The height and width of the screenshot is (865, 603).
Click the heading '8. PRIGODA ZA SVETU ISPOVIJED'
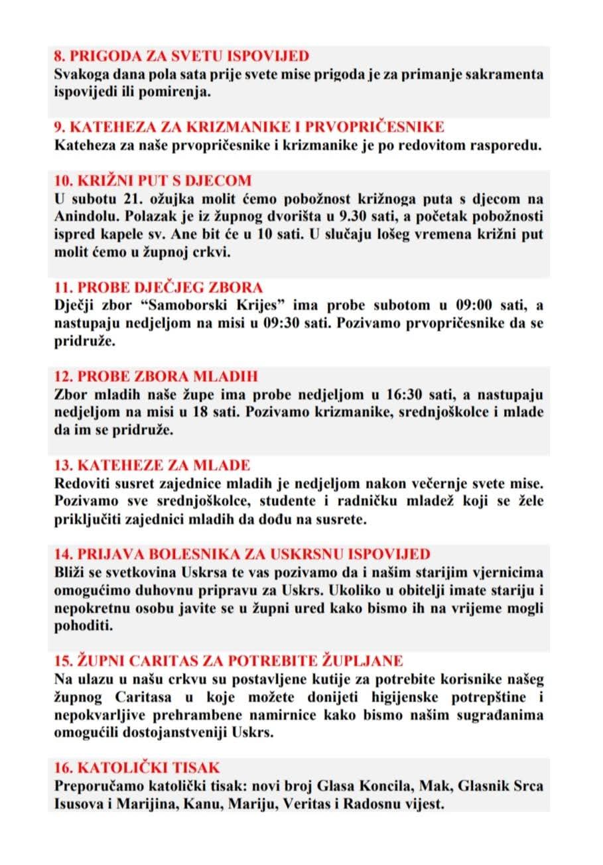(181, 56)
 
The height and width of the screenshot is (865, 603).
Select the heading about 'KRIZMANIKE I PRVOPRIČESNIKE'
(249, 127)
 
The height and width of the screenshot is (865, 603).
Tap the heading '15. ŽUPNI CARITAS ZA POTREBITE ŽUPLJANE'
(228, 661)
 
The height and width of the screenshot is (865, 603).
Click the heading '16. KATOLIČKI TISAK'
(137, 768)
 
